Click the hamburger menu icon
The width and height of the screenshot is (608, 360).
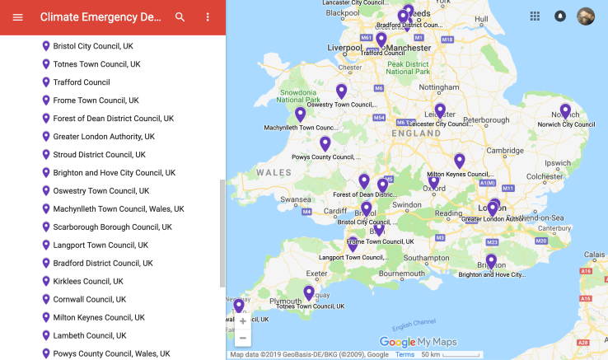pos(17,17)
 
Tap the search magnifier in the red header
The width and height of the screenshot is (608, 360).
pos(180,17)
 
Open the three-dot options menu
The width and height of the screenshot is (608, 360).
pos(208,17)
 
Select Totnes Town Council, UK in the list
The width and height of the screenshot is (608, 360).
pos(96,64)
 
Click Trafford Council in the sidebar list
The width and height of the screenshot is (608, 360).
pos(82,82)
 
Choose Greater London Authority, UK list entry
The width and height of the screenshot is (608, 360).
pos(104,137)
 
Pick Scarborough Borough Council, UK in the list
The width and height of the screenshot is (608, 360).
pos(113,227)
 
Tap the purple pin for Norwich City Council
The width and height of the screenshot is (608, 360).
pos(565,110)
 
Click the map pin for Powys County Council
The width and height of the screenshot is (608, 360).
pos(325,143)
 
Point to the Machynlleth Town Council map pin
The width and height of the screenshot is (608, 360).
pos(301,115)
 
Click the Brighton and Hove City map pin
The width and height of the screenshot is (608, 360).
pos(491,261)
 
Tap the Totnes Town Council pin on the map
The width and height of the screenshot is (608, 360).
pos(309,292)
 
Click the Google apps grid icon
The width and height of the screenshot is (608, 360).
pos(535,16)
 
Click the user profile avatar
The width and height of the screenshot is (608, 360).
pos(585,16)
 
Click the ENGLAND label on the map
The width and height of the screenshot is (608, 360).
pos(416,133)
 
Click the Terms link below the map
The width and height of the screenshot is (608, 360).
pos(405,354)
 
